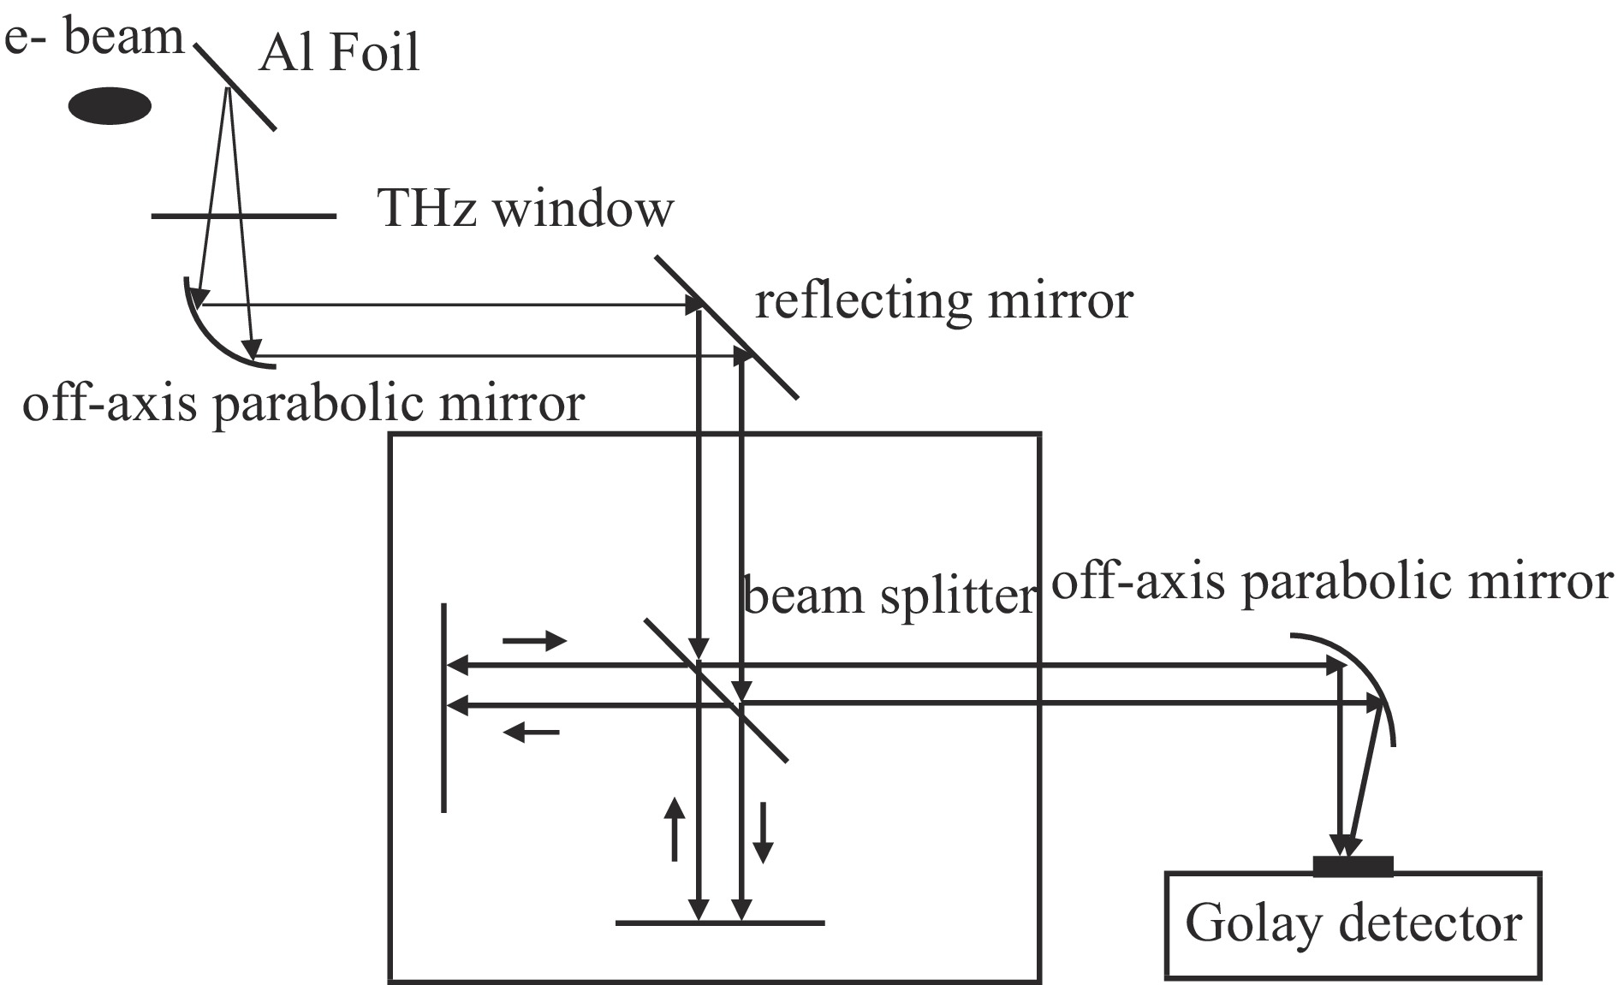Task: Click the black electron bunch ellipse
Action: coord(110,106)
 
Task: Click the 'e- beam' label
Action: coord(93,39)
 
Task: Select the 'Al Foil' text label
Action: coord(340,53)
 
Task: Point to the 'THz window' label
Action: coord(526,209)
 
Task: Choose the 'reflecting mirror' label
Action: coord(943,301)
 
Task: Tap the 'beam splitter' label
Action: coord(889,596)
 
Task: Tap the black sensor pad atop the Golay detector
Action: coord(1353,866)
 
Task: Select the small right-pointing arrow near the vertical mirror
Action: coord(534,640)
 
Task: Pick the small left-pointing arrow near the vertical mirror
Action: coord(531,732)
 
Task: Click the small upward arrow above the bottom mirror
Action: coord(675,828)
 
